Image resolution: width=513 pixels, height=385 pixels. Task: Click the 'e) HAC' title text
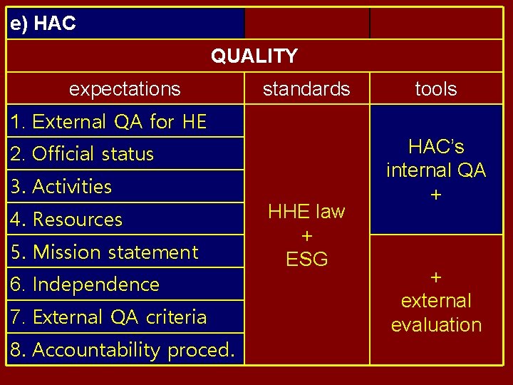[43, 24]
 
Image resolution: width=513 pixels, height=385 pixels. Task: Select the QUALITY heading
[254, 56]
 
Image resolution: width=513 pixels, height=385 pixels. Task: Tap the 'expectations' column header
[125, 89]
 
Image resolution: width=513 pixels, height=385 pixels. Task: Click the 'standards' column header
[306, 89]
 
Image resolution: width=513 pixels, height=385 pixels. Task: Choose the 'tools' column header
[436, 89]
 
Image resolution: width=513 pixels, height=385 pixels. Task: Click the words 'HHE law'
[306, 212]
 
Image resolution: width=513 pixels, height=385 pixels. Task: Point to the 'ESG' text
[307, 260]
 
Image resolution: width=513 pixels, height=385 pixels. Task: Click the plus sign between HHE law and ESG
[307, 236]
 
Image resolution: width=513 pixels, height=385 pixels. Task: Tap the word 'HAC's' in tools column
[436, 147]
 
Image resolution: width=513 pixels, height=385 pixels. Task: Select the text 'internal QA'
[436, 170]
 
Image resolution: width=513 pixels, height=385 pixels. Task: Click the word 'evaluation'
[436, 325]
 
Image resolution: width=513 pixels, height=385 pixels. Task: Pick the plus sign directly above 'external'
[436, 277]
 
